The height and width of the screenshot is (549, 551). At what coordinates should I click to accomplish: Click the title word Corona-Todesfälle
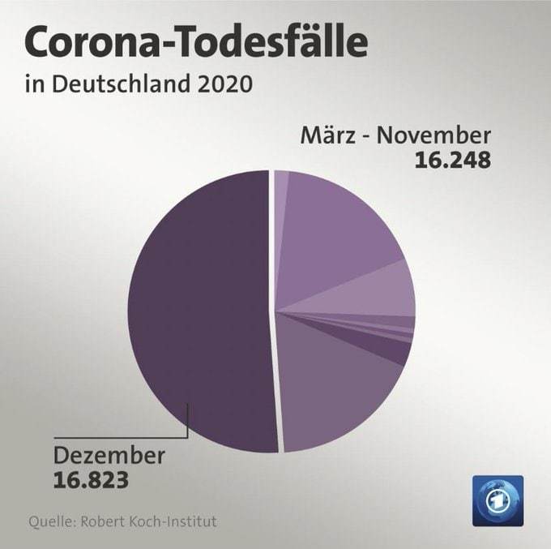pyautogui.click(x=196, y=42)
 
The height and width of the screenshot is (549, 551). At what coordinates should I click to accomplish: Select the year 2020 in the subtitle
pyautogui.click(x=225, y=84)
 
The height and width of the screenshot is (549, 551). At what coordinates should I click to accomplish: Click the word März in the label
pyautogui.click(x=328, y=135)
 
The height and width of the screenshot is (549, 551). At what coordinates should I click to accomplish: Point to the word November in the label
pyautogui.click(x=434, y=135)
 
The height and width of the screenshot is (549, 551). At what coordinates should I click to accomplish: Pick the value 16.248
pyautogui.click(x=453, y=161)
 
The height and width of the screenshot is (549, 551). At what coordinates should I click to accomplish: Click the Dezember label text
pyautogui.click(x=109, y=456)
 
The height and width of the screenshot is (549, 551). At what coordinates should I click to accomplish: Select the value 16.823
pyautogui.click(x=91, y=480)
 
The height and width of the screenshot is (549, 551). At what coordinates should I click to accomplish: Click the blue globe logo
pyautogui.click(x=498, y=501)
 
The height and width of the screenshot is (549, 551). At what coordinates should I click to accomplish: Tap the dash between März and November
pyautogui.click(x=365, y=138)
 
